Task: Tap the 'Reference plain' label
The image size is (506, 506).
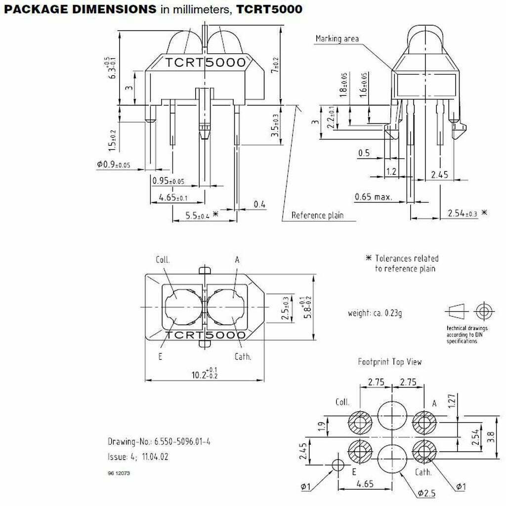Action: [x=317, y=215]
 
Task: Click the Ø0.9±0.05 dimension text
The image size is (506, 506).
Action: [x=113, y=165]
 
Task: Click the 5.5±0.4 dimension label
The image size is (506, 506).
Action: [x=198, y=215]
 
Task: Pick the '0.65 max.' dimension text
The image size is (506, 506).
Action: [x=373, y=197]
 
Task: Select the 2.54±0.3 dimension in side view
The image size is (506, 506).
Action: [x=463, y=213]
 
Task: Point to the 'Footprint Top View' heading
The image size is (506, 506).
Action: [x=390, y=362]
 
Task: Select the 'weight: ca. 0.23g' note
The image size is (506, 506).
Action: [x=375, y=313]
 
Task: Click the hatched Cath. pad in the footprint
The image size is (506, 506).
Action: [x=424, y=451]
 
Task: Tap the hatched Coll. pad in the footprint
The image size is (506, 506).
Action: [x=360, y=423]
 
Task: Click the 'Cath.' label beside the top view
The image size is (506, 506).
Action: [x=242, y=356]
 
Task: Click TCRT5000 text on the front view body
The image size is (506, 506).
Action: [x=205, y=63]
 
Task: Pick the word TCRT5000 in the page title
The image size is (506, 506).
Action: [x=269, y=9]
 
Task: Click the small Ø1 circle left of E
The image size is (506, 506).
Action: [x=338, y=464]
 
